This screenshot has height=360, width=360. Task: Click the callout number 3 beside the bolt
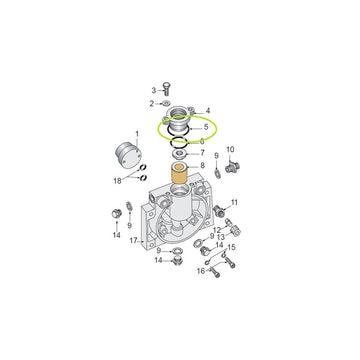pyautogui.click(x=154, y=90)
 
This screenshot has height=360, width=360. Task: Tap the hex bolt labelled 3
pyautogui.click(x=166, y=88)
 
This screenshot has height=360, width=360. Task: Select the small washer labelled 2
pyautogui.click(x=167, y=103)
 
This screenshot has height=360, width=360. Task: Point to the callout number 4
pyautogui.click(x=208, y=110)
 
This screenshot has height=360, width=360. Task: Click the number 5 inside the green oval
pyautogui.click(x=206, y=127)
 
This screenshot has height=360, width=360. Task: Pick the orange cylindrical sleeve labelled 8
pyautogui.click(x=179, y=173)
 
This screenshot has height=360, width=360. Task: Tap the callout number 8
pyautogui.click(x=202, y=165)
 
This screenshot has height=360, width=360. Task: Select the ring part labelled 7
pyautogui.click(x=180, y=154)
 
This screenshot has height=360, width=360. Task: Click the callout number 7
pyautogui.click(x=202, y=153)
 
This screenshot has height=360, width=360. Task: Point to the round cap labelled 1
pyautogui.click(x=128, y=156)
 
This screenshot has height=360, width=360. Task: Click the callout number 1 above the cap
pyautogui.click(x=137, y=134)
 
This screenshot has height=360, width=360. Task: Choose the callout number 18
pyautogui.click(x=118, y=181)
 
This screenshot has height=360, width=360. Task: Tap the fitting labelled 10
pyautogui.click(x=233, y=167)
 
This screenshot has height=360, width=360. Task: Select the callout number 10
pyautogui.click(x=230, y=149)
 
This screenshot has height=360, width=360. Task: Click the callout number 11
pyautogui.click(x=234, y=202)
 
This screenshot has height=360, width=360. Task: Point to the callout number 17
pyautogui.click(x=134, y=240)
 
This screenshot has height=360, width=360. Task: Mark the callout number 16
pyautogui.click(x=201, y=271)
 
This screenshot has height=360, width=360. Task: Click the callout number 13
pyautogui.click(x=221, y=237)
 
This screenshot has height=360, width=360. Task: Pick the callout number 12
pyautogui.click(x=217, y=230)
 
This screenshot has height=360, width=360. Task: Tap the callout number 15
pyautogui.click(x=231, y=247)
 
